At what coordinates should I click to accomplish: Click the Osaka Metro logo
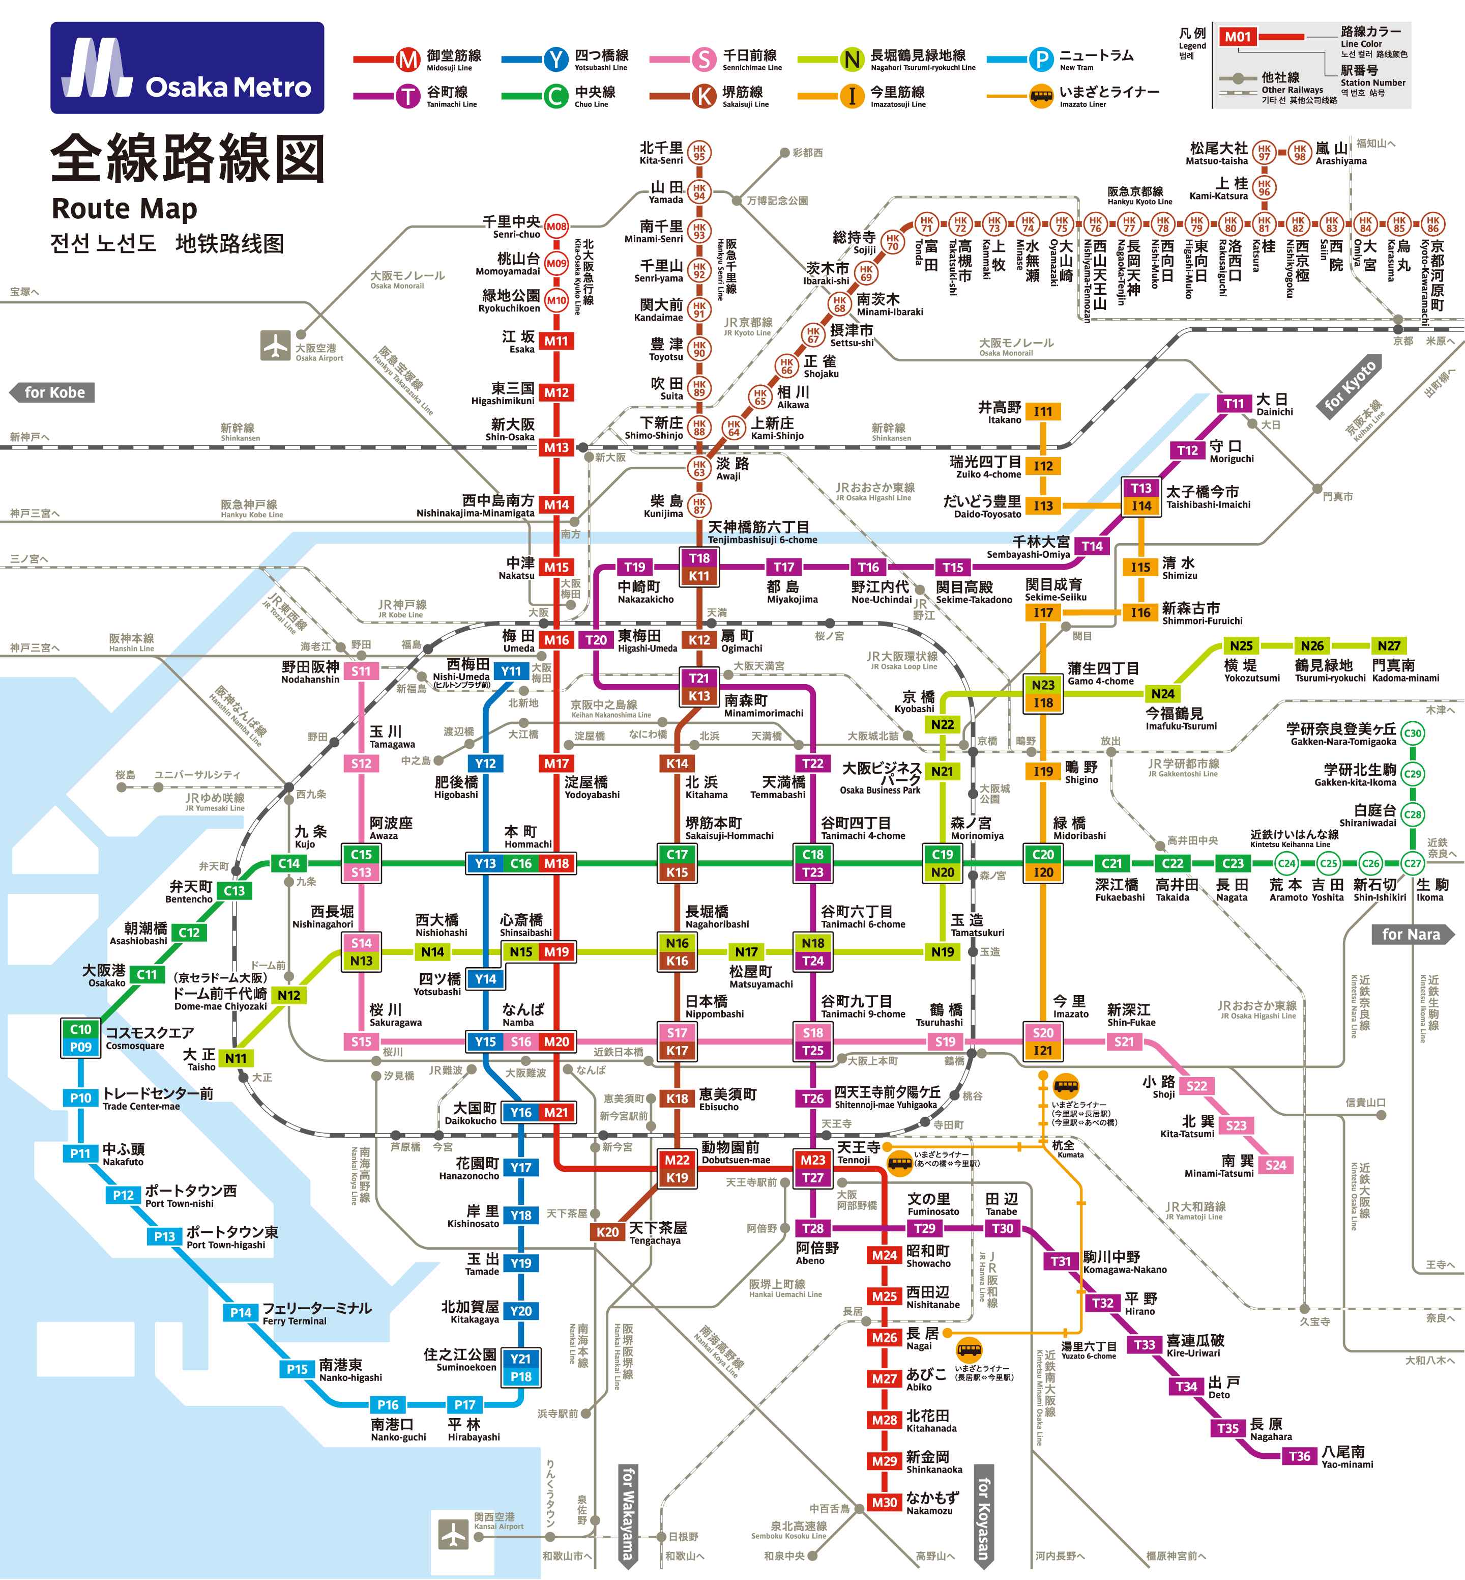[x=187, y=68]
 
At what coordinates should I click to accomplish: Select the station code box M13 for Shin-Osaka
[x=555, y=447]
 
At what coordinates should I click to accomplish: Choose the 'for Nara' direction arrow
[x=1413, y=935]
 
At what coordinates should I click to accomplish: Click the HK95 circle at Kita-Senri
[x=698, y=152]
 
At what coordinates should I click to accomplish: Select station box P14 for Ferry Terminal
[x=241, y=1313]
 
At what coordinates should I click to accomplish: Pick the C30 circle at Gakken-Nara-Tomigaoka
[x=1413, y=733]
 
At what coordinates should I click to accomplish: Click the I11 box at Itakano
[x=1043, y=412]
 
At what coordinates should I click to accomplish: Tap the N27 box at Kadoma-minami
[x=1389, y=645]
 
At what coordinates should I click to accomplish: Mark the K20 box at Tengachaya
[x=607, y=1232]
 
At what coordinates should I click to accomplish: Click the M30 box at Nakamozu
[x=885, y=1502]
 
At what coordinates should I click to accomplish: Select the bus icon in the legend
[x=1041, y=97]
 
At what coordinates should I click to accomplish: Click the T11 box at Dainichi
[x=1234, y=404]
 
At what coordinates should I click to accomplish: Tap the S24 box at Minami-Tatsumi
[x=1276, y=1165]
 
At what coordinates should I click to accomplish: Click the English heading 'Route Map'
[x=125, y=209]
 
